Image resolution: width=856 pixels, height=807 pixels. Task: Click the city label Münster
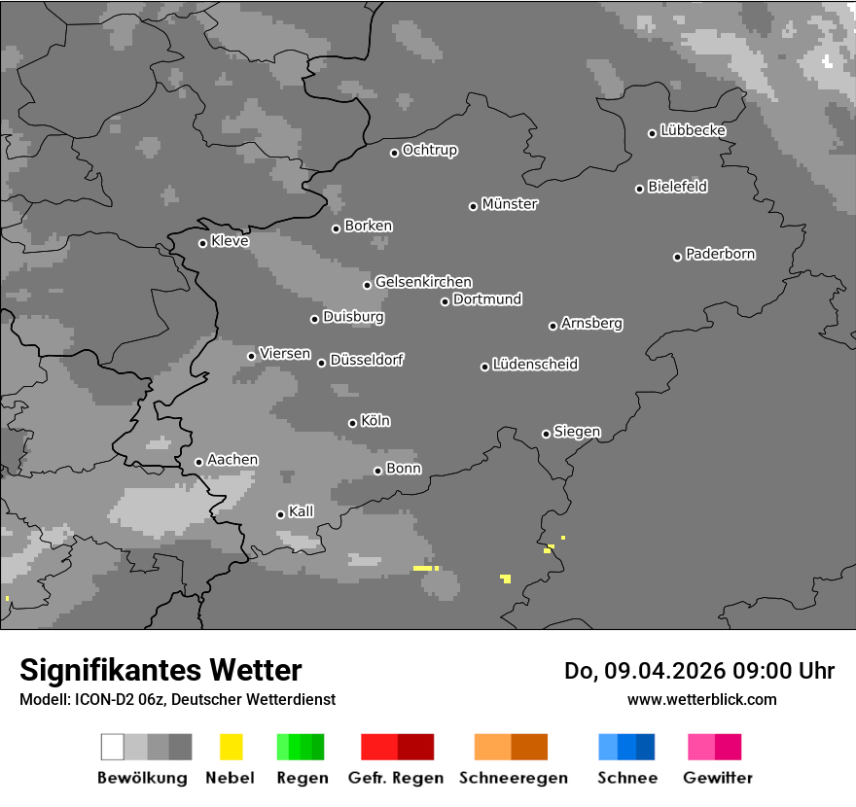click(x=510, y=204)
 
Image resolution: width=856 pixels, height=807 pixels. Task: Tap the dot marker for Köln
click(x=352, y=423)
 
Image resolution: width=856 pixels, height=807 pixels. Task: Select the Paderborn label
click(x=720, y=254)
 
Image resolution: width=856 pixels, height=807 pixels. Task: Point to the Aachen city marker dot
click(x=198, y=462)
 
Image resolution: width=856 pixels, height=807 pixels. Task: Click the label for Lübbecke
click(x=693, y=130)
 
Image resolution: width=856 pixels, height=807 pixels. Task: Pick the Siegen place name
click(x=577, y=432)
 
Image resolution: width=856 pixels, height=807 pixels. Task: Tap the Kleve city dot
click(x=202, y=243)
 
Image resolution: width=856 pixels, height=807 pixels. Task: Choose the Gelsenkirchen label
click(x=423, y=282)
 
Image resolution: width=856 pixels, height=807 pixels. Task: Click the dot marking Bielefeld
click(x=640, y=189)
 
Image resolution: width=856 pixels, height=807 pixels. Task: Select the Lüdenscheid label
click(x=535, y=365)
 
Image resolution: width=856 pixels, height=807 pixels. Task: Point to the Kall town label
click(x=301, y=511)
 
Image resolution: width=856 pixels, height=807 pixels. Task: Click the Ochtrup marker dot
click(x=394, y=153)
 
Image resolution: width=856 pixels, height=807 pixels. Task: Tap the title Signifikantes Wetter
click(x=160, y=670)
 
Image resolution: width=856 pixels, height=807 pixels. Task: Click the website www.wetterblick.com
click(x=701, y=699)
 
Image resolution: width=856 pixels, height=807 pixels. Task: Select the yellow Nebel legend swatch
click(x=231, y=747)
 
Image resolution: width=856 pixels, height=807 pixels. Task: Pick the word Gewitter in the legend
click(x=718, y=778)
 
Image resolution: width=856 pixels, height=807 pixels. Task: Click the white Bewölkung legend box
click(x=112, y=747)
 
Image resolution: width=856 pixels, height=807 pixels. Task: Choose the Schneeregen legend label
click(x=512, y=778)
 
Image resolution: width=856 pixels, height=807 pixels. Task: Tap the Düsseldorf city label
click(x=367, y=360)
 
